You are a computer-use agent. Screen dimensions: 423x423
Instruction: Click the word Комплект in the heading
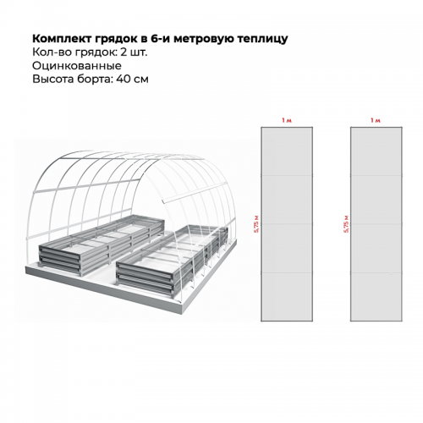62,38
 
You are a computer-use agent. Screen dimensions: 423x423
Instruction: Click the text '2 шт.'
134,52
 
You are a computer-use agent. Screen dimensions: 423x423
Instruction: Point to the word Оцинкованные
77,66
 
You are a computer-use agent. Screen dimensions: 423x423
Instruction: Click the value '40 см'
132,79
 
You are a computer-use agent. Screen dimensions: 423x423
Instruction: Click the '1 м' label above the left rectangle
287,120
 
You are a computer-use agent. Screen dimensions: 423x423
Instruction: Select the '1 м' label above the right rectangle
376,120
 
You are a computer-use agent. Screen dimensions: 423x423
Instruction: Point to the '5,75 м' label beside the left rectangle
256,224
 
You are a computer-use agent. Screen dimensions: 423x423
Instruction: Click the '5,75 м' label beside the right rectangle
346,224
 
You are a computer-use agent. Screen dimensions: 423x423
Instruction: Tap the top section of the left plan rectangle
287,151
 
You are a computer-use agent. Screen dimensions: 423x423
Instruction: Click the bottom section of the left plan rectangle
287,297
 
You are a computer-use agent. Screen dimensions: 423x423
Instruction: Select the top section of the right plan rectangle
376,151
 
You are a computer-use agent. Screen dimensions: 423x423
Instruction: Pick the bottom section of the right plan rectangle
376,297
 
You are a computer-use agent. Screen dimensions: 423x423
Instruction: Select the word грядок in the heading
116,39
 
